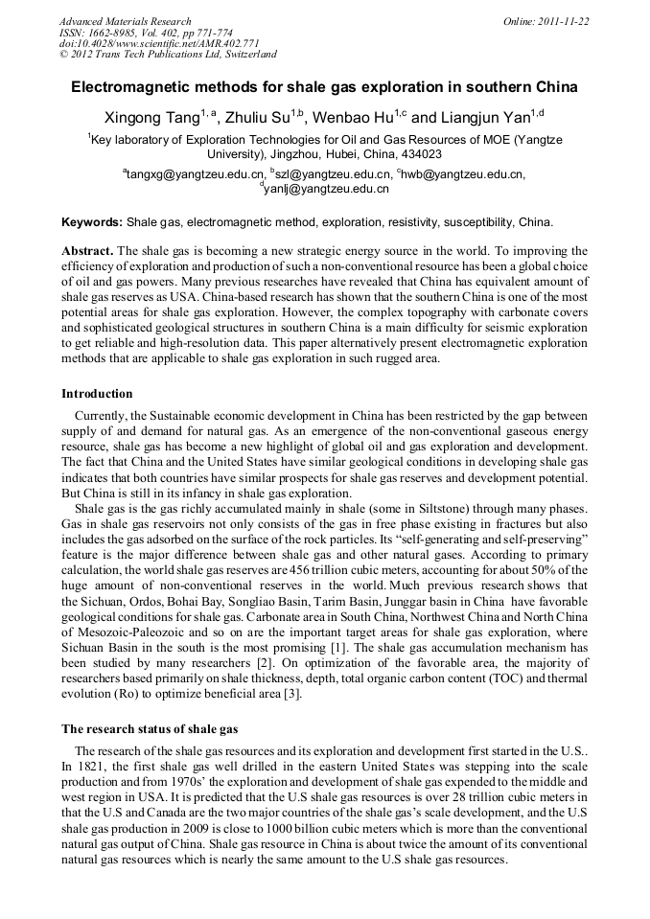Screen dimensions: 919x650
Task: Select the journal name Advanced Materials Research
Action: (x=125, y=21)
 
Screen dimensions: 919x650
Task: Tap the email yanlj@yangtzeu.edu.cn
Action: (x=326, y=190)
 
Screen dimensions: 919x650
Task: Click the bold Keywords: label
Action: (x=92, y=222)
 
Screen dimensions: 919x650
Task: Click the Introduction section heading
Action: (x=97, y=394)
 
